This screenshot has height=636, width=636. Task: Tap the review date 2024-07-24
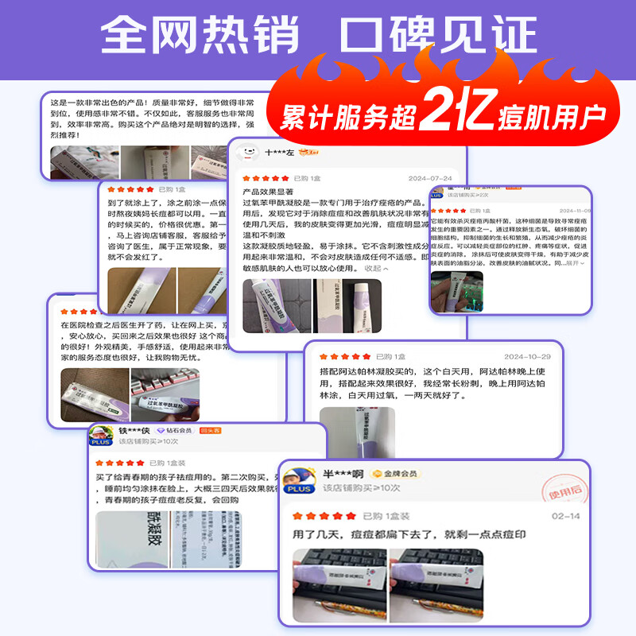[429, 178]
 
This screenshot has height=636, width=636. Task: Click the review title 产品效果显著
[268, 192]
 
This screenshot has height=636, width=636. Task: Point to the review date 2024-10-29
[528, 356]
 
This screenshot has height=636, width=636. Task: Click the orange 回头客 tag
[210, 431]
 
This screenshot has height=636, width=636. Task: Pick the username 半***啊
[343, 474]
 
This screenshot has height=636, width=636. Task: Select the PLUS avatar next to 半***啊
[300, 479]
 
